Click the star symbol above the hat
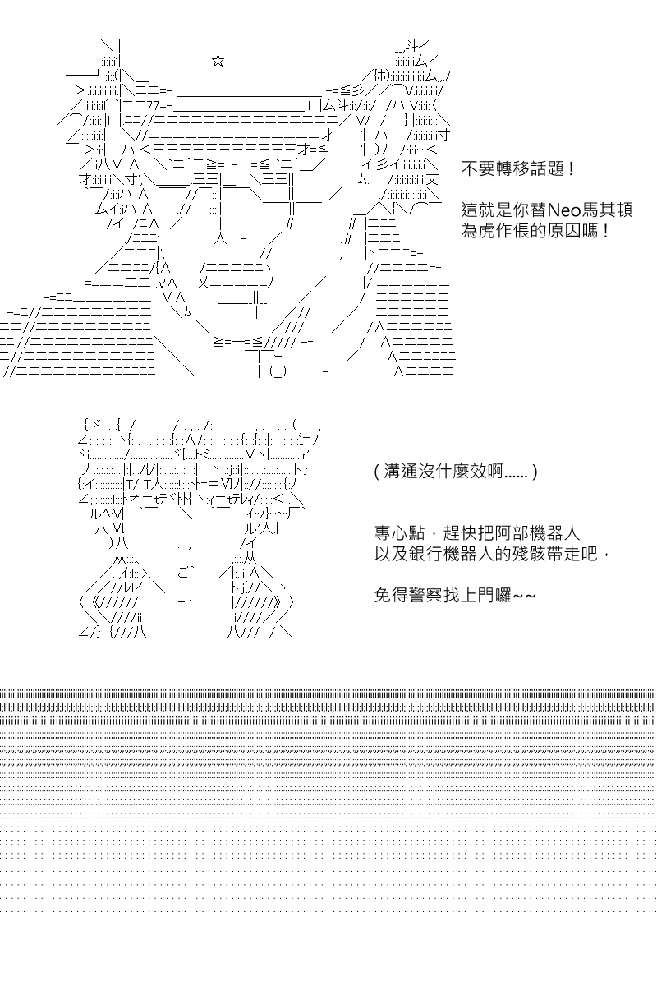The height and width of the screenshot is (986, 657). tap(218, 61)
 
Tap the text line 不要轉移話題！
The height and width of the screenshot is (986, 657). tap(518, 168)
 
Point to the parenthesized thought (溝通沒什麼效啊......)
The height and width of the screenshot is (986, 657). tap(456, 472)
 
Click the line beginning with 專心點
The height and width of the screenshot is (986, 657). tap(477, 533)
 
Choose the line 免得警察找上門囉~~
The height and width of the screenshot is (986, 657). tap(455, 596)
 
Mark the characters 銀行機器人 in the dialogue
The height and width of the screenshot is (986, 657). tap(452, 554)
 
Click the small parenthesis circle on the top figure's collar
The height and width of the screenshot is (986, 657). tap(278, 372)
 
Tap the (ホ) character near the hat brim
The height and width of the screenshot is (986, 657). tap(382, 76)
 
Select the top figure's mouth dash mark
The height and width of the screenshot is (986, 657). tap(243, 239)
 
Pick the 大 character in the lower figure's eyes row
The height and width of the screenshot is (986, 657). tap(158, 484)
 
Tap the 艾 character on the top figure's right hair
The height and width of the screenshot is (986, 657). tap(432, 179)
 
